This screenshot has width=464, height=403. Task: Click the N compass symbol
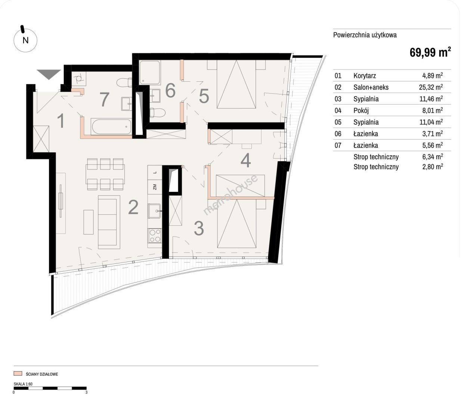click(25, 40)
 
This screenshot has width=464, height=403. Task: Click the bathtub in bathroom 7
click(111, 126)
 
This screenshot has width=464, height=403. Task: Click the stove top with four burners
click(155, 235)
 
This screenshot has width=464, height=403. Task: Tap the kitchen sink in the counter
click(154, 211)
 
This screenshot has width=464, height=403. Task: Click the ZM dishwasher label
click(155, 187)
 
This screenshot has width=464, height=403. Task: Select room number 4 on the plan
click(245, 160)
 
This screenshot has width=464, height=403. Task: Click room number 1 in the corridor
click(61, 121)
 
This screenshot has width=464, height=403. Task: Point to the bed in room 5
click(236, 84)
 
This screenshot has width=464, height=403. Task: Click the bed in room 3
click(237, 224)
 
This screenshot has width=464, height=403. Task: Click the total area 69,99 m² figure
click(430, 52)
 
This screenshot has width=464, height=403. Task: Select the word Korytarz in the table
click(365, 76)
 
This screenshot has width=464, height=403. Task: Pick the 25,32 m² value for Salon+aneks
click(431, 87)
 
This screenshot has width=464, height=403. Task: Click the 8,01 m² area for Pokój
click(433, 110)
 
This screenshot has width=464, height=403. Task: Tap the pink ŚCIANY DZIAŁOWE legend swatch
click(18, 374)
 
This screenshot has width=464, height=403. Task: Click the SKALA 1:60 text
click(23, 384)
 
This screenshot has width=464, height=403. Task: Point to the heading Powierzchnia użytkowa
click(365, 35)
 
